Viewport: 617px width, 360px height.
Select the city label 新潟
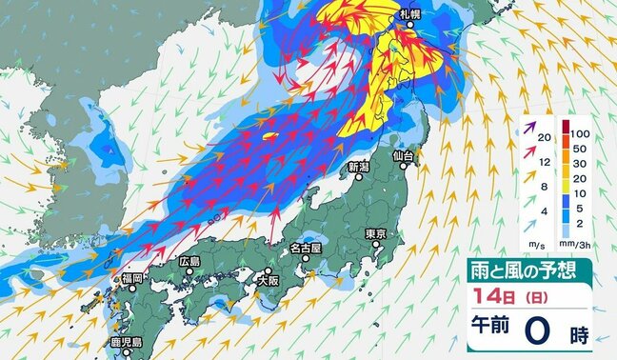[358, 168]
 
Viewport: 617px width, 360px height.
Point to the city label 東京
[373, 234]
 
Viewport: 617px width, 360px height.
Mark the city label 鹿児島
[124, 341]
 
